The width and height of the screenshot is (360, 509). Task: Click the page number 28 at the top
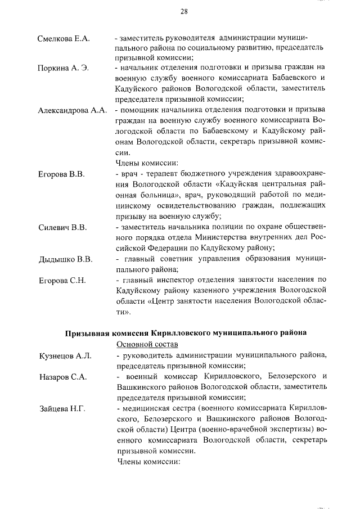pyautogui.click(x=183, y=11)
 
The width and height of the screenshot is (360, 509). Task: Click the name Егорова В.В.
pyautogui.click(x=61, y=175)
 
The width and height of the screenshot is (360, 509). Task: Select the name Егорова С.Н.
pyautogui.click(x=61, y=281)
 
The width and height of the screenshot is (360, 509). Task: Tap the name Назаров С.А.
pyautogui.click(x=62, y=377)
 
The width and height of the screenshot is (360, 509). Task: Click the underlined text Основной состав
pyautogui.click(x=146, y=344)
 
